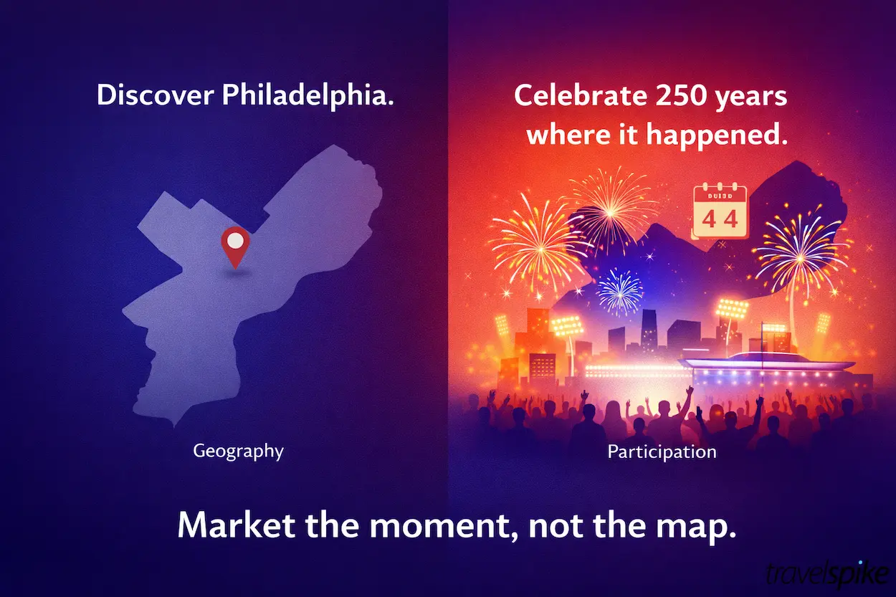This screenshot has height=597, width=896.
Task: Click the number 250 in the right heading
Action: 671,97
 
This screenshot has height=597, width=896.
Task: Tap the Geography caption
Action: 238,452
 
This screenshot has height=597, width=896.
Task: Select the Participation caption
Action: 662,452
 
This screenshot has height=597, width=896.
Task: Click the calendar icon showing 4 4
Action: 720,211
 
